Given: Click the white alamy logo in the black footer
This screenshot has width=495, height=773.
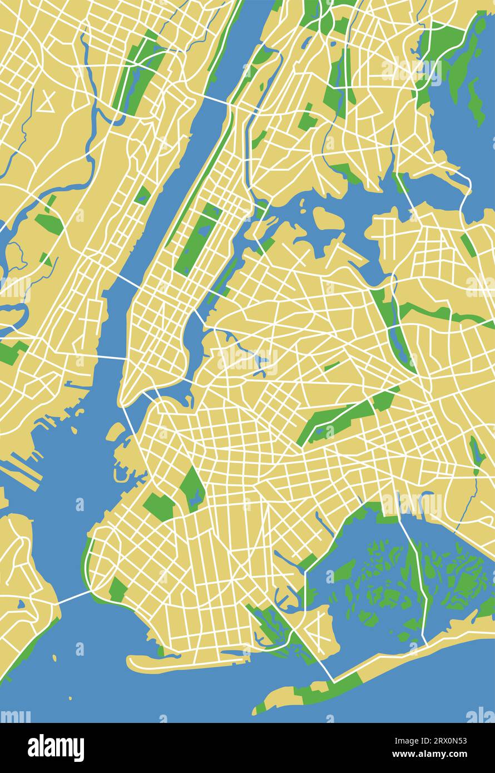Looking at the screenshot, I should (56, 747).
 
